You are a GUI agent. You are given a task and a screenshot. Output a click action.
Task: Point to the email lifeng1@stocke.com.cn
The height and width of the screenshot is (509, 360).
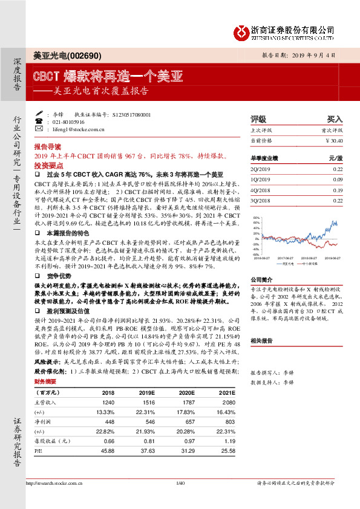[79, 129]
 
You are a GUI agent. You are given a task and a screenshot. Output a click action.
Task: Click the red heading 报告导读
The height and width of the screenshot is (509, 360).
[47, 147]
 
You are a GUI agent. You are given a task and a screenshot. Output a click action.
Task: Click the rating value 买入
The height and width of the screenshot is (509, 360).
[335, 119]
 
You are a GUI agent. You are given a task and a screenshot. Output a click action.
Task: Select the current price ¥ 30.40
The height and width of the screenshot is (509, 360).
[333, 140]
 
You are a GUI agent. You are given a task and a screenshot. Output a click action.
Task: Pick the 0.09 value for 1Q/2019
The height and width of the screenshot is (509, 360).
[338, 180]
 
